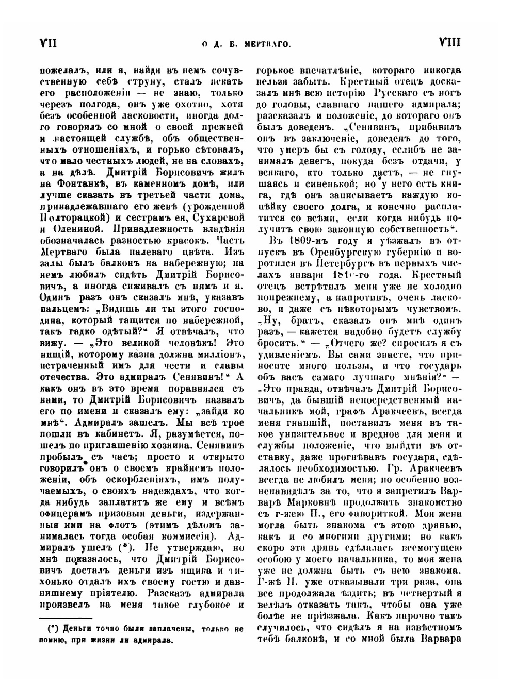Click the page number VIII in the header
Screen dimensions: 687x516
(450, 43)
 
